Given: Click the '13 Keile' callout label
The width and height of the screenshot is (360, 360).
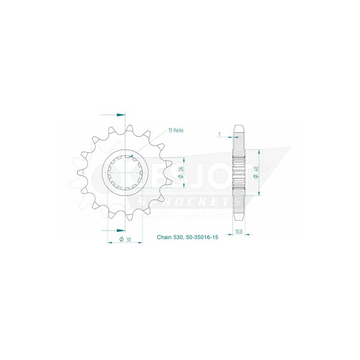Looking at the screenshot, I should (175, 131).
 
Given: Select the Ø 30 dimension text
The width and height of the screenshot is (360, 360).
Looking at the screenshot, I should (124, 240).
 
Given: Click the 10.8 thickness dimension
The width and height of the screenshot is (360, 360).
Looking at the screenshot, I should (239, 232).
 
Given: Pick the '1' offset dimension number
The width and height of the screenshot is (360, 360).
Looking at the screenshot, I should (219, 135).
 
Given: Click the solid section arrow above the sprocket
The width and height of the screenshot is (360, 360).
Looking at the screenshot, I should (120, 114).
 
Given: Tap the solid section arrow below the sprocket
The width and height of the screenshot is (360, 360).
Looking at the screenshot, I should (120, 230).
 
